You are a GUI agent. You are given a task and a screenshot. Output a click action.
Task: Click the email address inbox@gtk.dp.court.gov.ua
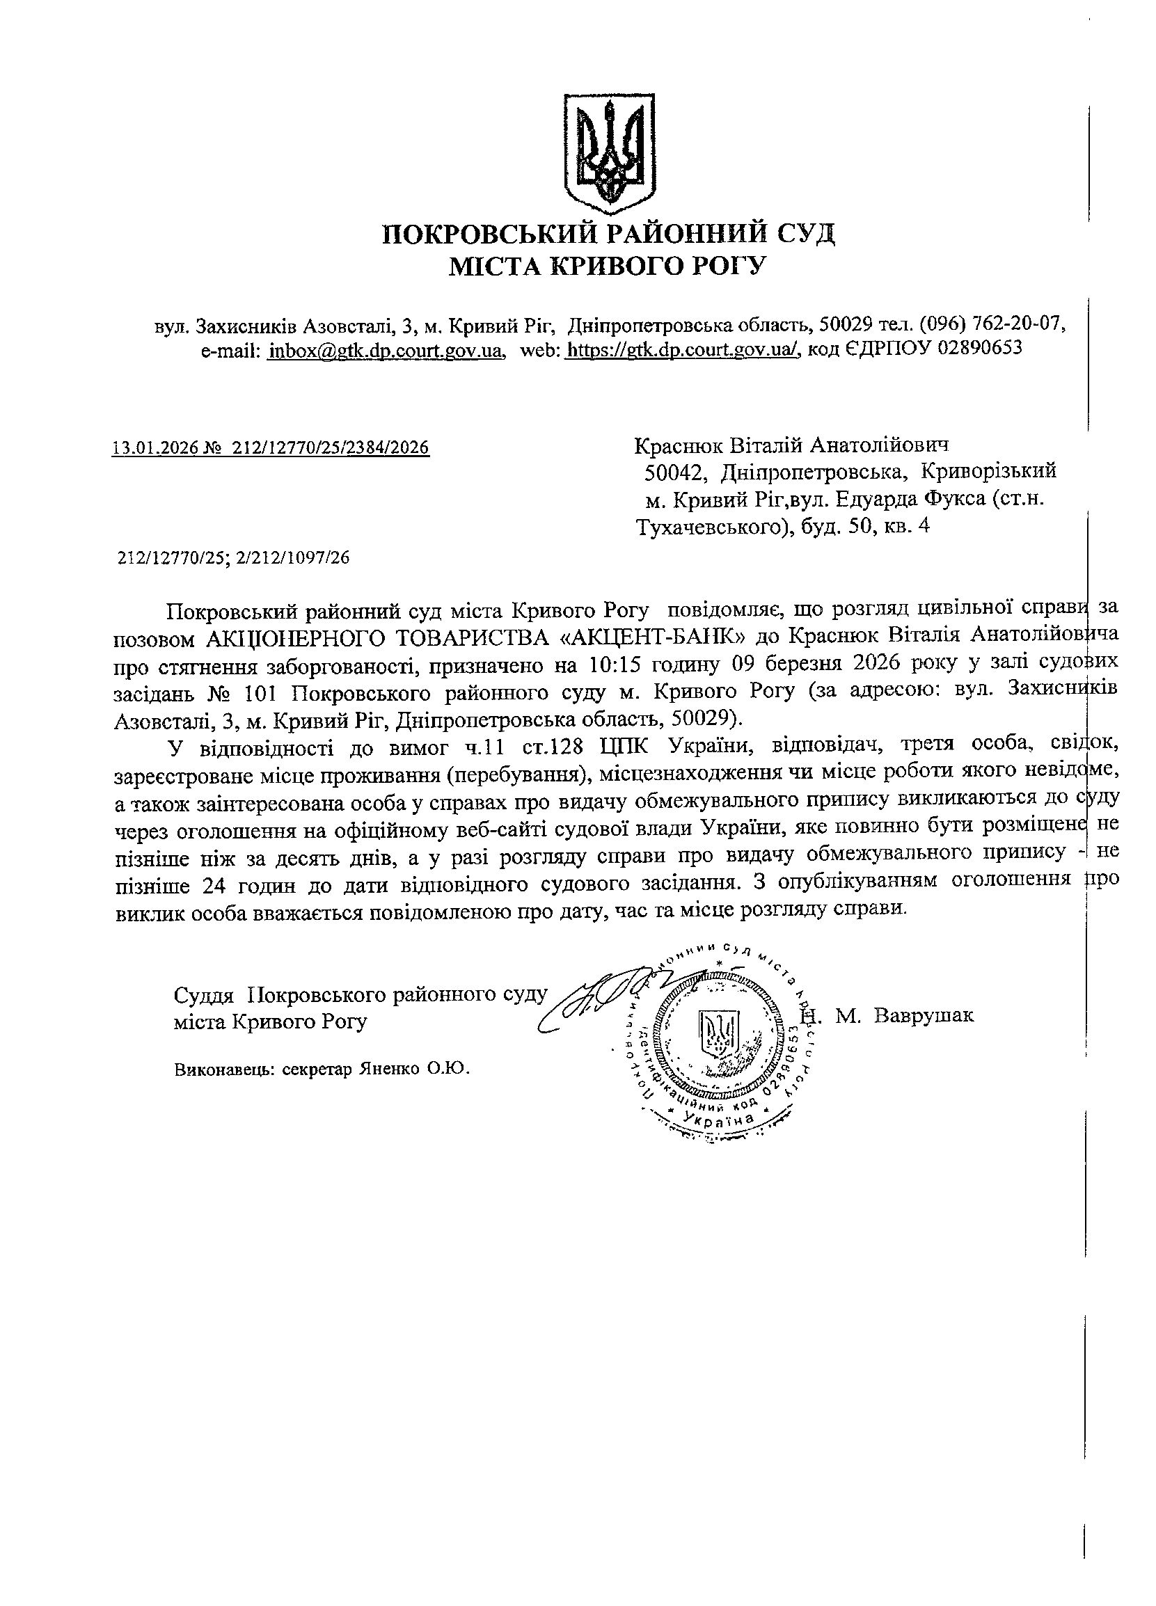click(x=386, y=350)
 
